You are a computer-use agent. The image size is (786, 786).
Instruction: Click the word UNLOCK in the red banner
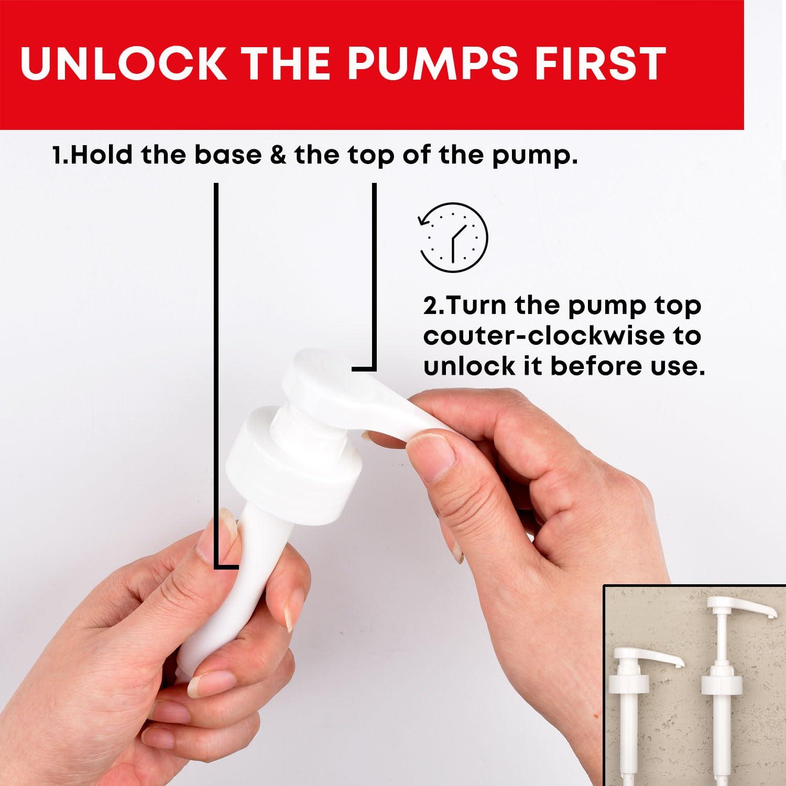(123, 64)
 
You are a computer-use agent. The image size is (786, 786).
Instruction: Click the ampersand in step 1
(278, 155)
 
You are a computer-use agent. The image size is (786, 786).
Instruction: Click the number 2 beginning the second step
(430, 305)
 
